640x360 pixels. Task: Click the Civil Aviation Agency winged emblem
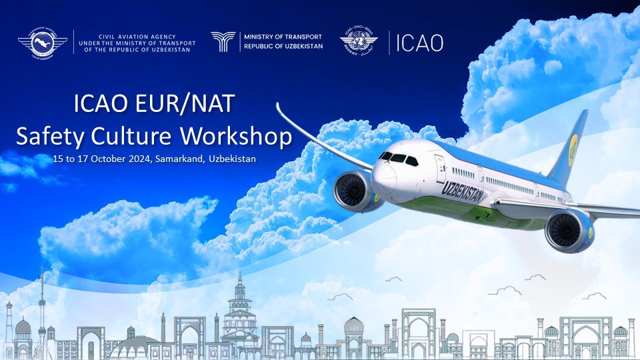[43, 42]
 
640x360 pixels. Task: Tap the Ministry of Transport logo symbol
[223, 41]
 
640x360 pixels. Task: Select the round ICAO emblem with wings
[359, 41]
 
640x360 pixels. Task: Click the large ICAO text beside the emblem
[419, 43]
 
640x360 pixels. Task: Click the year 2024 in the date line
[140, 159]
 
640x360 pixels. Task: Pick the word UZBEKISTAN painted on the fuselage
[463, 191]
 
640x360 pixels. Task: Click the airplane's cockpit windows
[399, 159]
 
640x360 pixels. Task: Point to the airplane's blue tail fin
[569, 148]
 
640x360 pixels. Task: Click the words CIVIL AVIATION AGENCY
[137, 37]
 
